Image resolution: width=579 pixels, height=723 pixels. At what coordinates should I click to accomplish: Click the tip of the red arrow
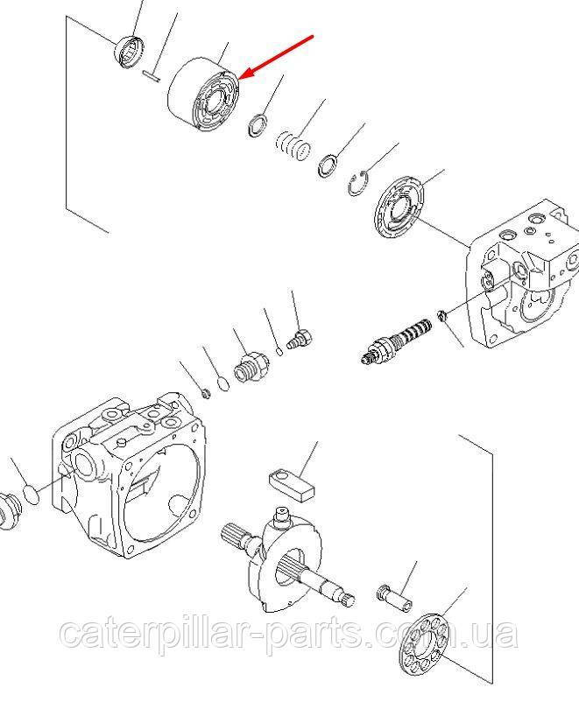click(241, 77)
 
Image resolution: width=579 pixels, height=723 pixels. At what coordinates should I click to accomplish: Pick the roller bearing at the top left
click(130, 51)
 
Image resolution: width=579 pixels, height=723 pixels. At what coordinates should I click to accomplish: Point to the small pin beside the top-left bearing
click(152, 76)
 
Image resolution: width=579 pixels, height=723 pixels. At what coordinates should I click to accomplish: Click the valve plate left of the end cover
click(399, 207)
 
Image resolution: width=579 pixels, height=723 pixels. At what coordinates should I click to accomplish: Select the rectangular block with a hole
click(292, 486)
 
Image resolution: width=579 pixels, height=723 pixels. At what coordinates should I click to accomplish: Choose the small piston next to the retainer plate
click(395, 598)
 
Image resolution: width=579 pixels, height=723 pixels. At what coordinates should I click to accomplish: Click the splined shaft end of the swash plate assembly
click(237, 537)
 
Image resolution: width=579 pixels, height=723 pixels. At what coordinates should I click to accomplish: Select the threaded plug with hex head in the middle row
click(251, 367)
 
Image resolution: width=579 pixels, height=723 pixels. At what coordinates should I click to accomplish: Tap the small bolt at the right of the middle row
click(300, 339)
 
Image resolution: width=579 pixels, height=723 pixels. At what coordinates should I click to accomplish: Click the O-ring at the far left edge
click(32, 495)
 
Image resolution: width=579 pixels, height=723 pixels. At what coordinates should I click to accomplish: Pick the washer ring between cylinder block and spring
click(258, 126)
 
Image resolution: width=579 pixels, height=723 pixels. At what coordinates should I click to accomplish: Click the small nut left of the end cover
click(441, 316)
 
